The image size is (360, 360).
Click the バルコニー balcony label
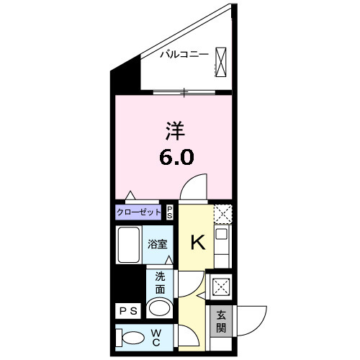(184, 55)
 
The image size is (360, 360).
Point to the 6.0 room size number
(176, 156)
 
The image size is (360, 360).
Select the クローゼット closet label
(138, 212)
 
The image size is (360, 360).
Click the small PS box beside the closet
(170, 212)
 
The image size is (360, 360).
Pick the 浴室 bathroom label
(158, 244)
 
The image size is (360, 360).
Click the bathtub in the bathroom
(129, 245)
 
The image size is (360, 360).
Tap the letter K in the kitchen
(198, 243)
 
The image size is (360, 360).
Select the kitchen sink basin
(221, 234)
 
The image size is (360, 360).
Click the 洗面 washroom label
(160, 283)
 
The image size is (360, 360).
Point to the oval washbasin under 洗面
(160, 308)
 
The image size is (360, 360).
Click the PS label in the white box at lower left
(128, 311)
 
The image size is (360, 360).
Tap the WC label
(156, 338)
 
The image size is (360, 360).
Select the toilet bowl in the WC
(131, 338)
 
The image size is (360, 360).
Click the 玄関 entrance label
(221, 321)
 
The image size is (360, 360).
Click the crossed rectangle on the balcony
(220, 62)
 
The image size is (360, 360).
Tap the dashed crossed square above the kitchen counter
(223, 214)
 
